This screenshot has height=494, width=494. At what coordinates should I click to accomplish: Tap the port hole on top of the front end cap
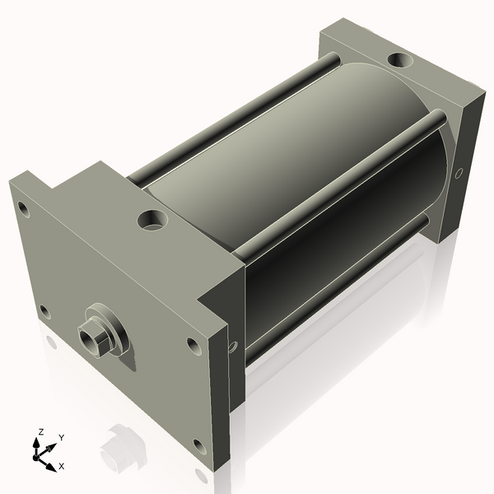click(x=151, y=220)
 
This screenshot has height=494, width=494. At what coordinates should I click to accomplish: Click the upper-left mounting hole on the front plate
click(x=24, y=209)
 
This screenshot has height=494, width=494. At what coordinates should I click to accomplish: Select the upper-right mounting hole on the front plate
click(x=193, y=346)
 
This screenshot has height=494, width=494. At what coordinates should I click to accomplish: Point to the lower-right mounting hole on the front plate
click(x=199, y=447)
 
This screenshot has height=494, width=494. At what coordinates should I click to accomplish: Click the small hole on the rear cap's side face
click(x=459, y=172)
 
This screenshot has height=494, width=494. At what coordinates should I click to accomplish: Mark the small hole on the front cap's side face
click(x=233, y=347)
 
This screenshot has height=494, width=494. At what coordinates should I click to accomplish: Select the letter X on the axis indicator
click(x=62, y=466)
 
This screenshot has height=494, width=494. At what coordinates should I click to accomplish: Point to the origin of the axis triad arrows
click(x=40, y=454)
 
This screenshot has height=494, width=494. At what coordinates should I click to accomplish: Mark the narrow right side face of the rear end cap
click(x=464, y=165)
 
